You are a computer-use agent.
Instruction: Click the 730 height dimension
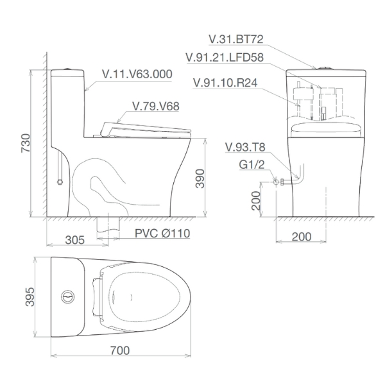coord(26,143)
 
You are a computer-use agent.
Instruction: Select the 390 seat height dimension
coord(200,178)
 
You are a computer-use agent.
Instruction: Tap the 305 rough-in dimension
coord(75,240)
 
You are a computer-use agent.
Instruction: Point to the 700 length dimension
coord(120,350)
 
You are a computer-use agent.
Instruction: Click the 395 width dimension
coord(30,297)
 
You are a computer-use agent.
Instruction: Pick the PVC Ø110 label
coord(162,234)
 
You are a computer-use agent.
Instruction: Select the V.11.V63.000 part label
coord(137,74)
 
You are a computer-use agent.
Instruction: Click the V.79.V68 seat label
coord(156,106)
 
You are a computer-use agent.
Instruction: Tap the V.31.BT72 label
coord(236,39)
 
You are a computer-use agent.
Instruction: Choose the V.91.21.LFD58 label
coord(225,58)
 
